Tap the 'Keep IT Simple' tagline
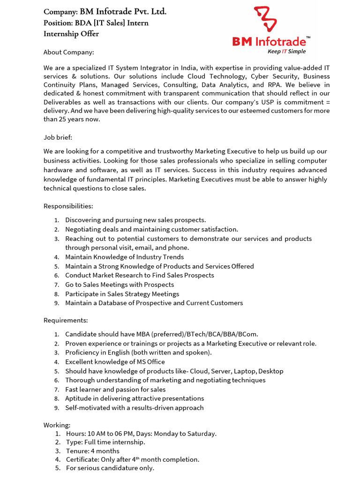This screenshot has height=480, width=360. [286, 51]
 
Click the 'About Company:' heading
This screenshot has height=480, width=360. [68, 52]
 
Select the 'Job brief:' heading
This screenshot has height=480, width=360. [58, 137]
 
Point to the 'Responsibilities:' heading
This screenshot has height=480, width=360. [68, 206]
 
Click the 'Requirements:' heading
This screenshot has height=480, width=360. [66, 320]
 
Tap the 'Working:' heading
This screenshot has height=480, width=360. [57, 425]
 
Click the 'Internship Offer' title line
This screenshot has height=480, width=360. [71, 34]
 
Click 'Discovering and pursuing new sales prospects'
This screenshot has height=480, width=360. [135, 220]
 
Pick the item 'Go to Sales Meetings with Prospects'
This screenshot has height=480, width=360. [120, 285]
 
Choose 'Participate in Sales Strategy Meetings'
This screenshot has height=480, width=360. [122, 294]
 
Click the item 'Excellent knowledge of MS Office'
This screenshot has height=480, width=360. [115, 362]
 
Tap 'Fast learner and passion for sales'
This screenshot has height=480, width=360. [115, 389]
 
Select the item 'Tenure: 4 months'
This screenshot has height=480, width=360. [92, 451]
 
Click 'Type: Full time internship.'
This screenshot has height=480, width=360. [105, 442]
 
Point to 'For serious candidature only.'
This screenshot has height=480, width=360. [110, 468]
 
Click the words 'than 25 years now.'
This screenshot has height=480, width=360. [72, 119]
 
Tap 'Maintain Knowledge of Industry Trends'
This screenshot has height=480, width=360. [124, 257]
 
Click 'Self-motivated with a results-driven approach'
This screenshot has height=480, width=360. [135, 407]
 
